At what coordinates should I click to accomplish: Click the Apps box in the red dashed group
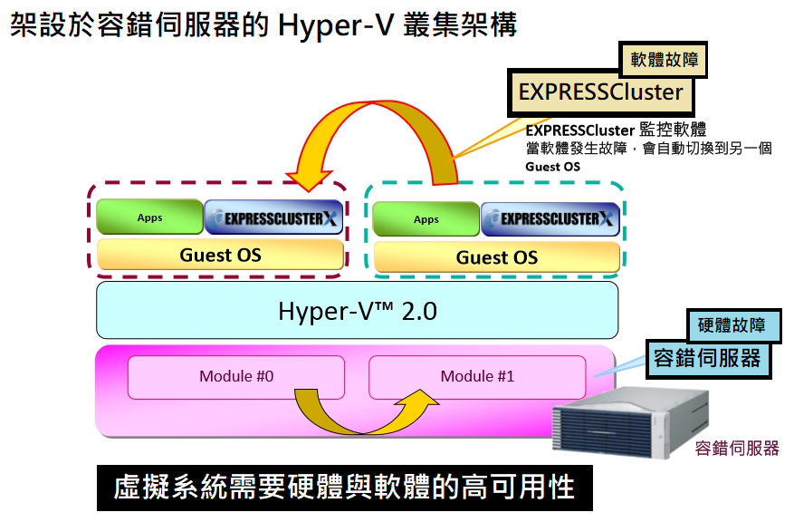[x=150, y=217]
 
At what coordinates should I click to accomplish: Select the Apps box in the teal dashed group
[x=426, y=219]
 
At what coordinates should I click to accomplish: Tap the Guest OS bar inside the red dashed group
[x=220, y=255]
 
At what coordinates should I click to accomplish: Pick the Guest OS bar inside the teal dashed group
[x=497, y=257]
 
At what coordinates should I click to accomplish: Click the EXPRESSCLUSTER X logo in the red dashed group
[x=274, y=217]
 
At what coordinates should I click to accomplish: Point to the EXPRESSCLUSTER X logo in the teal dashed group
[x=550, y=219]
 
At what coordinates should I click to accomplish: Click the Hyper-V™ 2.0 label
[x=358, y=311]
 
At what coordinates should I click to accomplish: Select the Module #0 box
[x=236, y=377]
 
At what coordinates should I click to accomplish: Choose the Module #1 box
[x=477, y=377]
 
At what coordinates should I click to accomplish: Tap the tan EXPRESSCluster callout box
[x=600, y=92]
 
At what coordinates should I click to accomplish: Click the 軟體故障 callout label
[x=664, y=59]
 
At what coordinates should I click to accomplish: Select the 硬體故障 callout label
[x=732, y=324]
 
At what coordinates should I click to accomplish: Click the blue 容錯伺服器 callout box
[x=708, y=358]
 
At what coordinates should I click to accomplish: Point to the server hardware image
[x=630, y=422]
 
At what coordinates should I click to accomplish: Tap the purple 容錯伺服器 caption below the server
[x=737, y=448]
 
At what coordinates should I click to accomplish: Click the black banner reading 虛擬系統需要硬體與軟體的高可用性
[x=344, y=488]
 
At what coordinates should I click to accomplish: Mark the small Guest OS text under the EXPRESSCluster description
[x=552, y=167]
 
